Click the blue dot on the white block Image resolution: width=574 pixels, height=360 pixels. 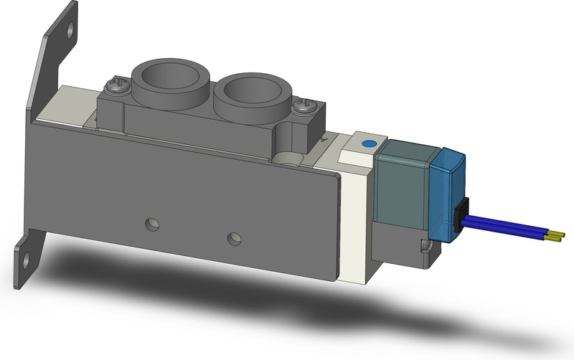point(369,144)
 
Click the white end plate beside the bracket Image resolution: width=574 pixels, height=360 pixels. point(354,229)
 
